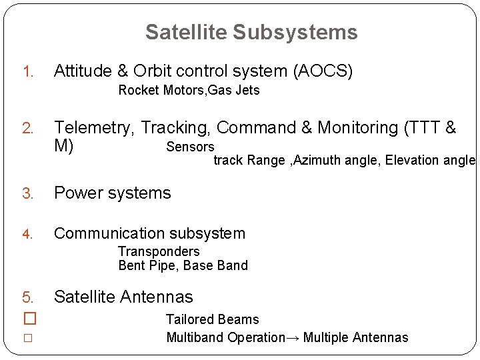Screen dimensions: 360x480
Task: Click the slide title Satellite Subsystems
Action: [x=251, y=32]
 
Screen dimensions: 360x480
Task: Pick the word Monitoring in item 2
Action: [x=357, y=128]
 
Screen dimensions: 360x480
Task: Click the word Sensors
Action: [x=190, y=147]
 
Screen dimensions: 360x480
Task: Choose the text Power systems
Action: [x=112, y=193]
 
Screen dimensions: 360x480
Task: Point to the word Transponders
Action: [x=159, y=251]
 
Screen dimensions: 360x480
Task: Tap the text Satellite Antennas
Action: [x=123, y=297]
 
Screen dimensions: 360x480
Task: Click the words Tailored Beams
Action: [x=212, y=320]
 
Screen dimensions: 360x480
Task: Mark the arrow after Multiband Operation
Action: [x=293, y=337]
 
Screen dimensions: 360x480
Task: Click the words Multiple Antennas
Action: [x=355, y=337]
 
